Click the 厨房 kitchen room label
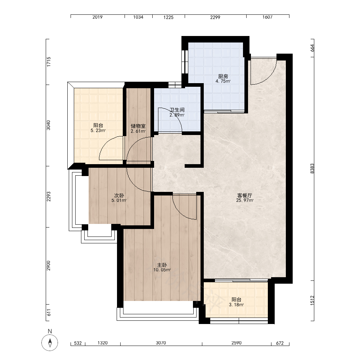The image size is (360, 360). pos(223,76)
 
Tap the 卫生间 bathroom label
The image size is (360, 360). pos(177,110)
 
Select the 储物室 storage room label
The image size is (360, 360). pos(138,126)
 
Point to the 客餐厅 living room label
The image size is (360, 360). pos(244,195)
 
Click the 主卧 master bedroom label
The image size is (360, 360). pos(162,265)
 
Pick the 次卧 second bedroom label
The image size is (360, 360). pos(119,195)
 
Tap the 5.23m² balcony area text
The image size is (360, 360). pos(98,131)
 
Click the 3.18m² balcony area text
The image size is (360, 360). pos(236,305)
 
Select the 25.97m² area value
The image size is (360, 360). pos(245,201)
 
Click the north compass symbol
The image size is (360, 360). pos(50,343)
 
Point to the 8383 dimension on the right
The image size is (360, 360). pos(312,168)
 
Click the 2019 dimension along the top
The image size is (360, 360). pos(97,17)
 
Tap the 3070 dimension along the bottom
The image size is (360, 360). pos(161,343)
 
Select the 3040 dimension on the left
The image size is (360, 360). pos(49,125)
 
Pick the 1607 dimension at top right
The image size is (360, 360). pos(267,17)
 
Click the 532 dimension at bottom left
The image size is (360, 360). pos(78,343)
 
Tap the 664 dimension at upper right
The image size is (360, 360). pos(312,48)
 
